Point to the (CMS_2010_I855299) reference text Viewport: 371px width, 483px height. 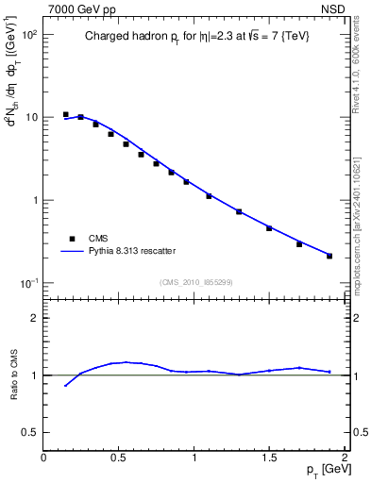click(195, 281)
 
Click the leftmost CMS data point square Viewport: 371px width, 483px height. click(65, 114)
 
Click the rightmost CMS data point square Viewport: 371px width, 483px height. click(329, 256)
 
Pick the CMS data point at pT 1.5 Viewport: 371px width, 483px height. click(269, 228)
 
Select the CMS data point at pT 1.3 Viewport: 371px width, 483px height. click(239, 211)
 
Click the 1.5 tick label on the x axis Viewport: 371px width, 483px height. click(269, 458)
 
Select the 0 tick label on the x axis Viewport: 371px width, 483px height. click(43, 458)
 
